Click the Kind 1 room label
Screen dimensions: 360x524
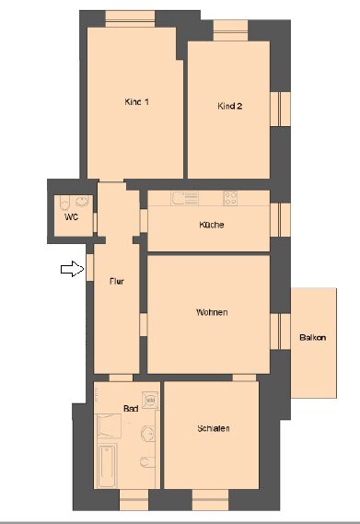tap(136, 101)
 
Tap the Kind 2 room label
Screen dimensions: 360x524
tap(229, 106)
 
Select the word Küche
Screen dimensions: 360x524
tap(212, 225)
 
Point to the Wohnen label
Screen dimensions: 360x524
tap(212, 312)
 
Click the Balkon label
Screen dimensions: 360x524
tap(312, 338)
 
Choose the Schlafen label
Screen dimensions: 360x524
tap(214, 428)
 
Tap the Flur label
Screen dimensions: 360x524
tap(117, 282)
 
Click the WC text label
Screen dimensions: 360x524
tap(71, 217)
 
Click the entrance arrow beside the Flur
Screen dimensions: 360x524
tap(72, 269)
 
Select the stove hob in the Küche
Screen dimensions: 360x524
tap(230, 198)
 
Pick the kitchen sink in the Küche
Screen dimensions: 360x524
tap(185, 198)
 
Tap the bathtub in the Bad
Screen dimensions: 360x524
tap(108, 465)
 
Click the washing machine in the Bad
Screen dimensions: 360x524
tap(150, 400)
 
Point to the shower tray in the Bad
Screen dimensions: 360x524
tap(109, 425)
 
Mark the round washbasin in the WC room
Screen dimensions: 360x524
tap(82, 201)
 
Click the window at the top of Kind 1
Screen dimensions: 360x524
tap(130, 18)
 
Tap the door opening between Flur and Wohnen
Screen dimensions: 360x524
tap(144, 324)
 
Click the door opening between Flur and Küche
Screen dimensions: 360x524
tap(144, 221)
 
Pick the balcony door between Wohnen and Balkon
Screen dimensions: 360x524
tap(280, 332)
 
